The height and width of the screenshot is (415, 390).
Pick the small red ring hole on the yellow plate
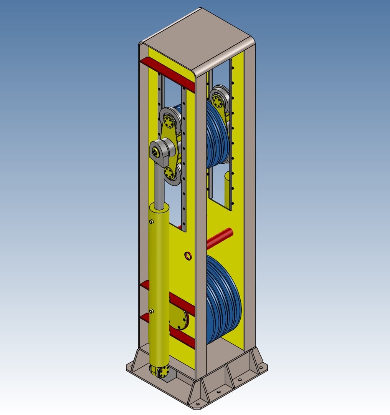pos(188,255)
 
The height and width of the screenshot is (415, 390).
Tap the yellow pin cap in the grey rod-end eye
pos(155,153)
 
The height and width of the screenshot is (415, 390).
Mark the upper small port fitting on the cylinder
pos(151,221)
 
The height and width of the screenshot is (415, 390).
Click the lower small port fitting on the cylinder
pos(151,311)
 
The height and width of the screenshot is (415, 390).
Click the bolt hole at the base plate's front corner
pos(198,405)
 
